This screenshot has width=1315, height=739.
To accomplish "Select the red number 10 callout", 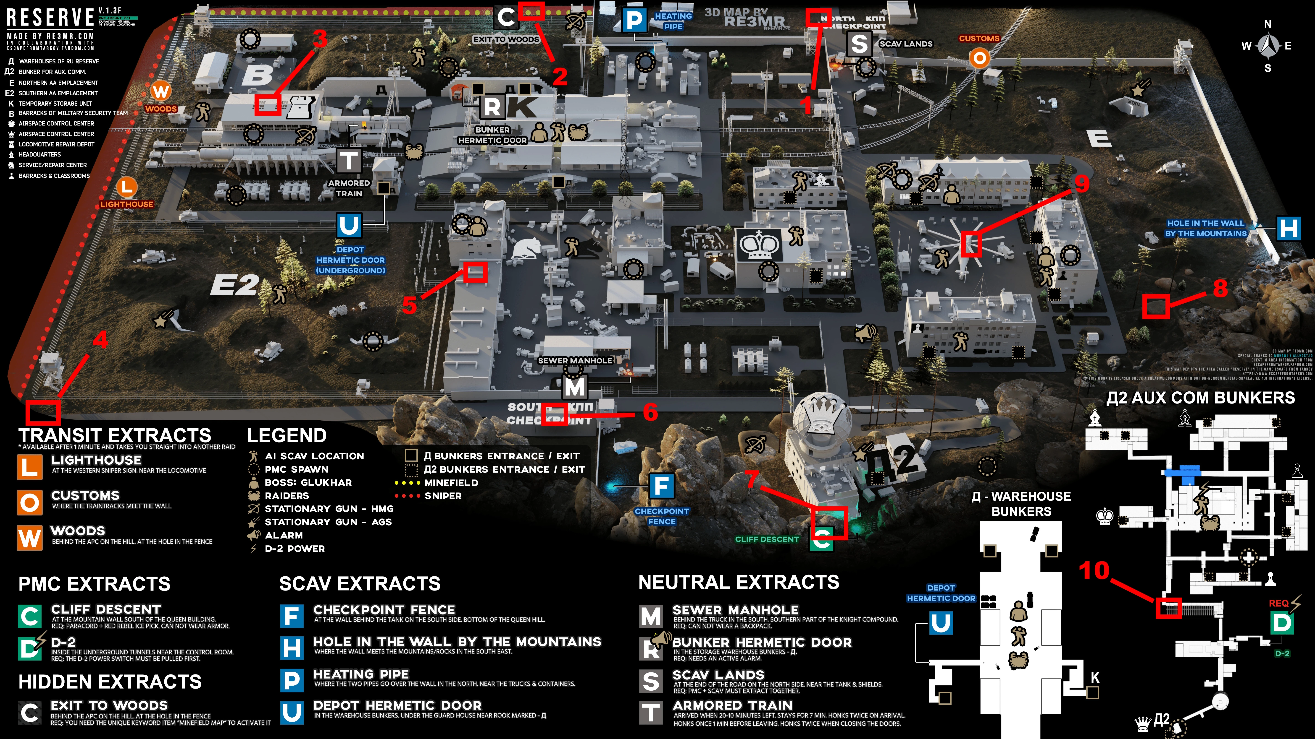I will [1094, 570].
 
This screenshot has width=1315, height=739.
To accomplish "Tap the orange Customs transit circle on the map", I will [979, 58].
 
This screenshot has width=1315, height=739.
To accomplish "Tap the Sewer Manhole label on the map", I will [575, 361].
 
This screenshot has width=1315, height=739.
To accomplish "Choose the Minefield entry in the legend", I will [451, 482].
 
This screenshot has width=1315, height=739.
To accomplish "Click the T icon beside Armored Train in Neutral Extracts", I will [651, 713].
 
